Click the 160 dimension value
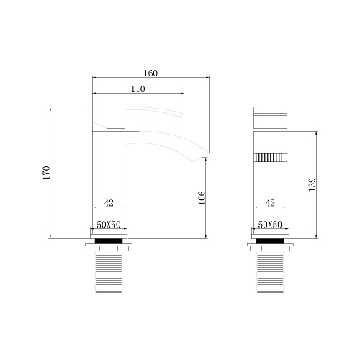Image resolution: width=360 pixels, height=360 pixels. coord(150,73)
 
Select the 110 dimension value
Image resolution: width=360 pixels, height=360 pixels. coord(138,89)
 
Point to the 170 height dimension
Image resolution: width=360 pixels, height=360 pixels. coord(46,173)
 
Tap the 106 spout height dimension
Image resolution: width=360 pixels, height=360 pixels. coord(202,197)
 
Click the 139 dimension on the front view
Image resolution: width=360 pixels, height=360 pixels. coord(312,184)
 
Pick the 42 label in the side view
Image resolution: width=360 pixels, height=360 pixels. coord(109,203)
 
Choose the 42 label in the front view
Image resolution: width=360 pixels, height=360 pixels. coord(270,203)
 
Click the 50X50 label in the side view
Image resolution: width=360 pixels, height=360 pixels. coord(109,225)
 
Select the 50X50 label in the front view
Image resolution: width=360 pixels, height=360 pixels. coord(270,225)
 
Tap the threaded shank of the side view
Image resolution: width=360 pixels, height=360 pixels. coord(109,272)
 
